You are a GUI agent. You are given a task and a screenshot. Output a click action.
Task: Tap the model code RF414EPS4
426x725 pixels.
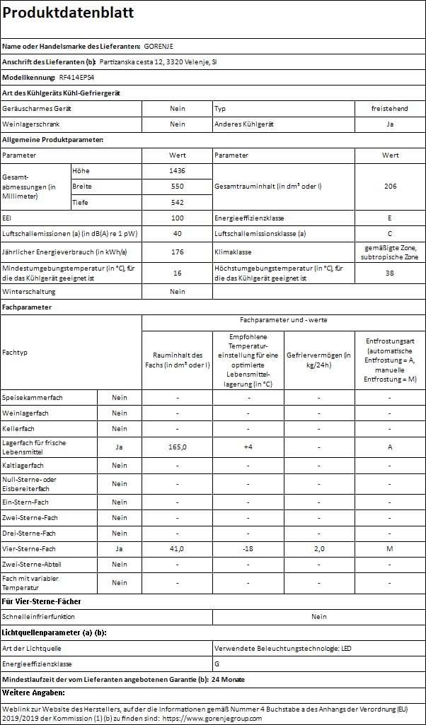pyautogui.click(x=75, y=77)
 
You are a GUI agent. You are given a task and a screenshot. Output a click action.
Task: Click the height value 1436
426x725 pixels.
pyautogui.click(x=178, y=171)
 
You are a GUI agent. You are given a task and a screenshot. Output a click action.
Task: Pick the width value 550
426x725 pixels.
pyautogui.click(x=178, y=187)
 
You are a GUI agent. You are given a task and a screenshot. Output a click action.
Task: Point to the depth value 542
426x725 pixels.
pyautogui.click(x=178, y=202)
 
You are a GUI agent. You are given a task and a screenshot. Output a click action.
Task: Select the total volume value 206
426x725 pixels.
pyautogui.click(x=390, y=187)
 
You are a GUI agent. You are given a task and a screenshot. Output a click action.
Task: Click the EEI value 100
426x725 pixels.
pyautogui.click(x=178, y=218)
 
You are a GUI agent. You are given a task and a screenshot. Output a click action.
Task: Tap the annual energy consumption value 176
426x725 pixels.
pyautogui.click(x=178, y=252)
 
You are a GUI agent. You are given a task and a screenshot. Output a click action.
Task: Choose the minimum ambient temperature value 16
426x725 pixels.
pyautogui.click(x=178, y=273)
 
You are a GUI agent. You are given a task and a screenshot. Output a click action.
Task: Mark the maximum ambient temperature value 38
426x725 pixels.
pyautogui.click(x=390, y=273)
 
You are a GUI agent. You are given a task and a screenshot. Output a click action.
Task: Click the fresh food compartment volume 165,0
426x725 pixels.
pyautogui.click(x=178, y=447)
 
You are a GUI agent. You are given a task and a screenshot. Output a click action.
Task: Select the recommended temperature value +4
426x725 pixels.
pyautogui.click(x=248, y=447)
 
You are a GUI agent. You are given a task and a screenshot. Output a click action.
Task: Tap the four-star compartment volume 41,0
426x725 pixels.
pyautogui.click(x=178, y=548)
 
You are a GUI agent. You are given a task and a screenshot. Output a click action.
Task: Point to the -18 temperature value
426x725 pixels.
pyautogui.click(x=248, y=548)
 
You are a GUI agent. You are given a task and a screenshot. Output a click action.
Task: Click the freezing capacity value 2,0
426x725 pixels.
pyautogui.click(x=318, y=548)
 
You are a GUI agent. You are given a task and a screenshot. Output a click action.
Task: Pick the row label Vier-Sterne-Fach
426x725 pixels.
pyautogui.click(x=29, y=548)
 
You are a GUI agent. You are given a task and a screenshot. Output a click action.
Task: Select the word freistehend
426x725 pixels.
pyautogui.click(x=389, y=108)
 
